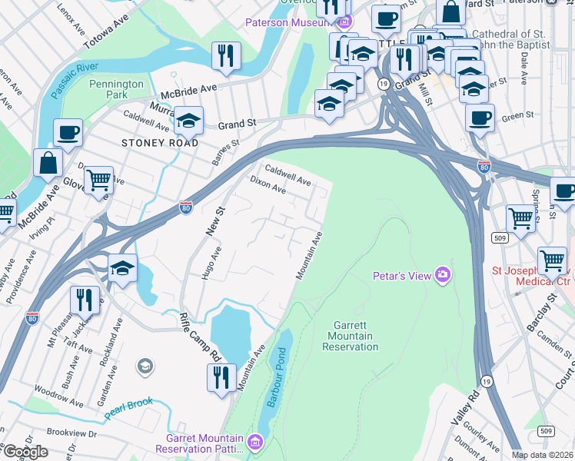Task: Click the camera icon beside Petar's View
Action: pos(442,274)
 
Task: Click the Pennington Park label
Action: pos(116,89)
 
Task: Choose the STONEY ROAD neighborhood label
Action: pos(160,143)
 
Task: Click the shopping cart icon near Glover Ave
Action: pos(98,181)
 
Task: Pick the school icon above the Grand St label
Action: pos(188,120)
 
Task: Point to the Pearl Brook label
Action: pos(129,406)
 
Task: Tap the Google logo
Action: pos(25,452)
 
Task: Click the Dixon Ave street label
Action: pos(268,185)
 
